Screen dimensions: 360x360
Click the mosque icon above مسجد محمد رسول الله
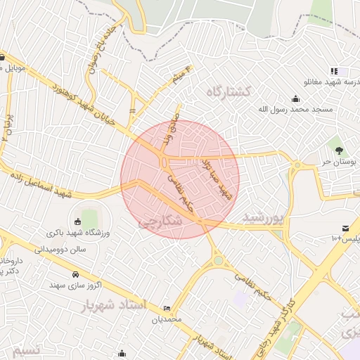[x=295, y=98]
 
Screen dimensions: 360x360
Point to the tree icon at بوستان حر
[x=339, y=150]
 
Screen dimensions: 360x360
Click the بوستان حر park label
[x=340, y=162]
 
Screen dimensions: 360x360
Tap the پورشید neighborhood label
[x=264, y=219]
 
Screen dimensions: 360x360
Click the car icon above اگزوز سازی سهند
[x=75, y=274]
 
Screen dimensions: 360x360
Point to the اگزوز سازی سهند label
[x=76, y=285]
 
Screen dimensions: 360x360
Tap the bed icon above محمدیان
[x=167, y=309]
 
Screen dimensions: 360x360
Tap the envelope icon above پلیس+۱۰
[x=346, y=228]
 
